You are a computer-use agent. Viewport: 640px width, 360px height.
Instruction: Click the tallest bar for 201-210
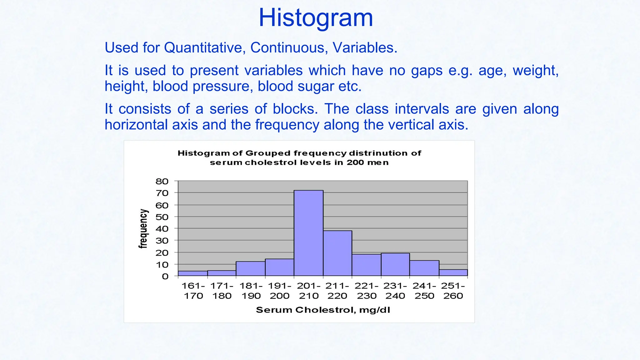coord(308,233)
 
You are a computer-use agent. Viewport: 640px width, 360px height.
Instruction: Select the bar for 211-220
coord(337,253)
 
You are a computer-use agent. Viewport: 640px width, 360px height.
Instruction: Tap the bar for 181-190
coord(251,269)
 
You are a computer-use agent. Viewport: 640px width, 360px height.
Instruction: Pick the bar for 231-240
coord(395,265)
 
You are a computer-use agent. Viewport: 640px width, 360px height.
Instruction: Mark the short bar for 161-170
coord(193,273)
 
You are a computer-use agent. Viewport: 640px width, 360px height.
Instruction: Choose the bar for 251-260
coord(453,273)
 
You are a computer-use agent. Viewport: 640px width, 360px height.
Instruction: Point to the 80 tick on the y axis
coord(162,182)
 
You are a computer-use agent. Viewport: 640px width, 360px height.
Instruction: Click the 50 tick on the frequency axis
coord(162,217)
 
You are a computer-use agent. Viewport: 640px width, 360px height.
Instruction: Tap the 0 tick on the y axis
coord(165,276)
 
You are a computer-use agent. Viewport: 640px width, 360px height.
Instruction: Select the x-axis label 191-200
coord(280,291)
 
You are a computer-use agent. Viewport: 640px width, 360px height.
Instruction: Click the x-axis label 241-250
coord(424,291)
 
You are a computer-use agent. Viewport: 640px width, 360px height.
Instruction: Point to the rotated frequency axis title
coord(143,229)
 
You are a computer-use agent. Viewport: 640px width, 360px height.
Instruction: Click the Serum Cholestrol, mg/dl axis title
coord(323,310)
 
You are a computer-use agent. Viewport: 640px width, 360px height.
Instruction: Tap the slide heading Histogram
coord(316,18)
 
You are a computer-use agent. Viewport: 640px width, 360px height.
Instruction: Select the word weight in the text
coord(535,70)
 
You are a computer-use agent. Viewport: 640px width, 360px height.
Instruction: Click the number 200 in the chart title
coord(355,162)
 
